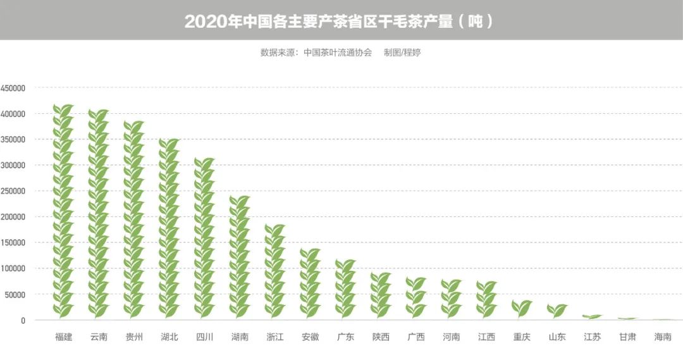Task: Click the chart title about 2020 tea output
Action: (339, 22)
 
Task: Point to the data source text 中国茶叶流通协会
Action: (337, 53)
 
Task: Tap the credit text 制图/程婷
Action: (402, 53)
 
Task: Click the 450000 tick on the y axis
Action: (13, 88)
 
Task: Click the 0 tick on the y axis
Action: (23, 320)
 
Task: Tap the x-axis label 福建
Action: (63, 337)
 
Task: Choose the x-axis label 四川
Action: (204, 337)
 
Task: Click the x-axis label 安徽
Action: (310, 337)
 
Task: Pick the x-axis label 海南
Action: (663, 337)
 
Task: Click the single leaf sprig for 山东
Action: (557, 310)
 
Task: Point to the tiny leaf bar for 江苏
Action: (592, 316)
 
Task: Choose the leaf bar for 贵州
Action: (134, 219)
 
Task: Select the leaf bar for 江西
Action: (486, 299)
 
